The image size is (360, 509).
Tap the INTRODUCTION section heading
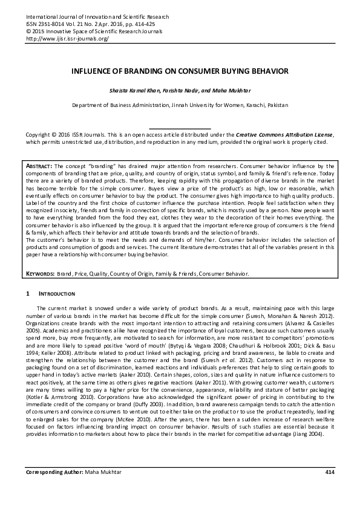click(x=57, y=294)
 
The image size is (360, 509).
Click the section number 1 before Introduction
click(x=27, y=294)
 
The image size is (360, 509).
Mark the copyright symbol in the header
click(x=28, y=31)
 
